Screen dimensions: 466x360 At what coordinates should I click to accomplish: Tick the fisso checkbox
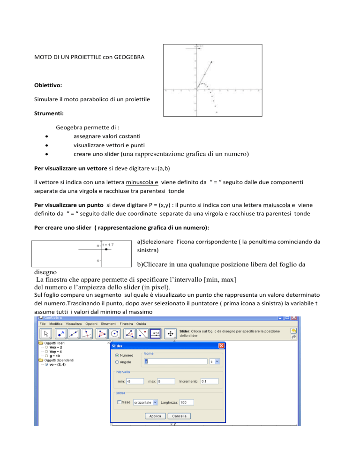[x=120, y=402]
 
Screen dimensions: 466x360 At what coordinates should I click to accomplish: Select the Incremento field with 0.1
[x=210, y=382]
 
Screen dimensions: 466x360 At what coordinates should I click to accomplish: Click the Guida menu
[x=142, y=324]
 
